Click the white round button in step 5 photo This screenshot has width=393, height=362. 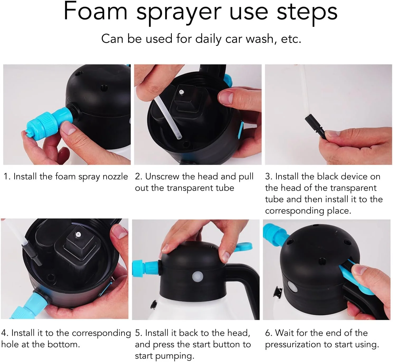pos(198,276)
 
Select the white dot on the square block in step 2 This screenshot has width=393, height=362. pos(181,92)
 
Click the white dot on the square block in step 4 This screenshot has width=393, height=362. pos(78,234)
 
